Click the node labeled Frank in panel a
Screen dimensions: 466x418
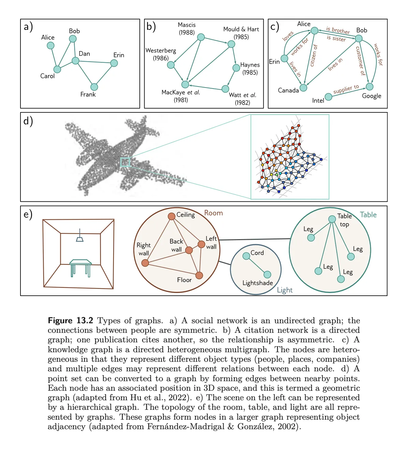[94, 87]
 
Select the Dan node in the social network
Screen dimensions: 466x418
[75, 61]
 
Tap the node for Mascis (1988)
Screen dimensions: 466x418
[201, 37]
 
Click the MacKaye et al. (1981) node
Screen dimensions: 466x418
[185, 84]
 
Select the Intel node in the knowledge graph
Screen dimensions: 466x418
[328, 97]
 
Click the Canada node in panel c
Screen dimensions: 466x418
[303, 88]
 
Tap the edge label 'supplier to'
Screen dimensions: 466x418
[346, 89]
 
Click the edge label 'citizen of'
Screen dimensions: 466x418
[313, 56]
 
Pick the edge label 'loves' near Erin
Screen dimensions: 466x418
[288, 36]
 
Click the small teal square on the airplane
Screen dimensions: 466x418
[125, 162]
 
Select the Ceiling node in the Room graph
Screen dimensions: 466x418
[171, 216]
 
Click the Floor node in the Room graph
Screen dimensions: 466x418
[199, 275]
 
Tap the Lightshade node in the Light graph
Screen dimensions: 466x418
[267, 275]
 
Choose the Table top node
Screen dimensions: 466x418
[332, 219]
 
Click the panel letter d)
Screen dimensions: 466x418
[28, 121]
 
